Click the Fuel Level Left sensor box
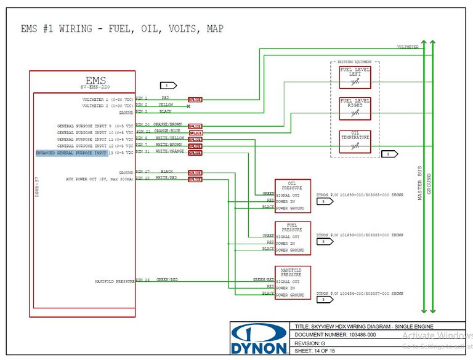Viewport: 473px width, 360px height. [355, 78]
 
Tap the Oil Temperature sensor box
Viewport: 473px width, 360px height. [355, 142]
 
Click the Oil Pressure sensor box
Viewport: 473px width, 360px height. [293, 196]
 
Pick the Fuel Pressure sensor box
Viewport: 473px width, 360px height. [293, 238]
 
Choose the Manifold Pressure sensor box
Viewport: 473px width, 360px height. [293, 283]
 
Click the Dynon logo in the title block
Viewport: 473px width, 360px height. [259, 339]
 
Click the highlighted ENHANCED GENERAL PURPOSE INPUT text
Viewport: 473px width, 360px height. [71, 153]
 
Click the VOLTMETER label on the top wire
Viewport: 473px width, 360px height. [408, 47]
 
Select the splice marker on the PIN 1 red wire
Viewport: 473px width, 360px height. [195, 99]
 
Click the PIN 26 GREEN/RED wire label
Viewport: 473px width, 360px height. [168, 280]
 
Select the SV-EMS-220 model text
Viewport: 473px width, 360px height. [96, 87]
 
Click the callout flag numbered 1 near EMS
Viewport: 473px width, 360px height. [168, 85]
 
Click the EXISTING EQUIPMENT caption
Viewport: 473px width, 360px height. [355, 62]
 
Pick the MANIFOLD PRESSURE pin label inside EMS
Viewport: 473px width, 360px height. [115, 281]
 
